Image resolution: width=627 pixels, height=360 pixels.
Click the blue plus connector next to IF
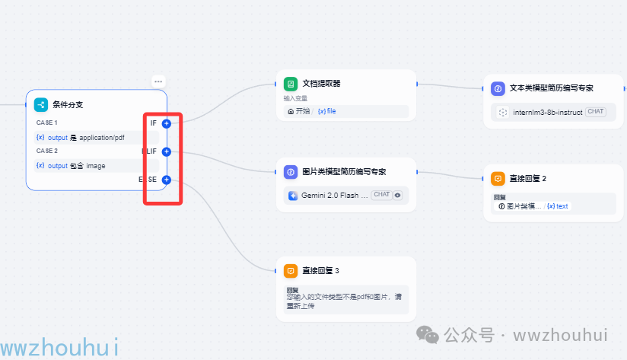[x=167, y=123]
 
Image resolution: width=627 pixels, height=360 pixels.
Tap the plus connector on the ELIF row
[x=167, y=151]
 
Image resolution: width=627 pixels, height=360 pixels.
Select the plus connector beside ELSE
[x=167, y=180]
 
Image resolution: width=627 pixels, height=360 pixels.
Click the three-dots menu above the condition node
[x=158, y=81]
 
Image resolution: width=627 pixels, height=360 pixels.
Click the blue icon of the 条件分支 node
[x=41, y=105]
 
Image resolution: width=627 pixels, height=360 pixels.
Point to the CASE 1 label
[x=46, y=123]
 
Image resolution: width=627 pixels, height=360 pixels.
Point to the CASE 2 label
[x=46, y=151]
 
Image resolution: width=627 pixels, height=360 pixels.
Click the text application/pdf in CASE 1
[x=102, y=138]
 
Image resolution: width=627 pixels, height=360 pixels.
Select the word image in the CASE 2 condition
[x=96, y=165]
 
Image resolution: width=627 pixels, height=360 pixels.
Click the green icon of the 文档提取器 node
[x=290, y=84]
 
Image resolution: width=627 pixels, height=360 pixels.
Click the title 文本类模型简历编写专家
[x=551, y=88]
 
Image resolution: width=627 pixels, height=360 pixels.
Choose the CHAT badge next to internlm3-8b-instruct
[x=596, y=112]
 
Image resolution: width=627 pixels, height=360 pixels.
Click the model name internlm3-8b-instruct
[x=548, y=112]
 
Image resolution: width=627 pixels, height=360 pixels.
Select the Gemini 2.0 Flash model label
[x=335, y=196]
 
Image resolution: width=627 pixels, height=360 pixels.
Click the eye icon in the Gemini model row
[x=397, y=195]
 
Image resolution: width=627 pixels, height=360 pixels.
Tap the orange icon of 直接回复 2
[x=498, y=178]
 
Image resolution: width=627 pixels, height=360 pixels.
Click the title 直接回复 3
[x=320, y=271]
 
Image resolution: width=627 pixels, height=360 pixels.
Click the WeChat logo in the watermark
[x=430, y=336]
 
